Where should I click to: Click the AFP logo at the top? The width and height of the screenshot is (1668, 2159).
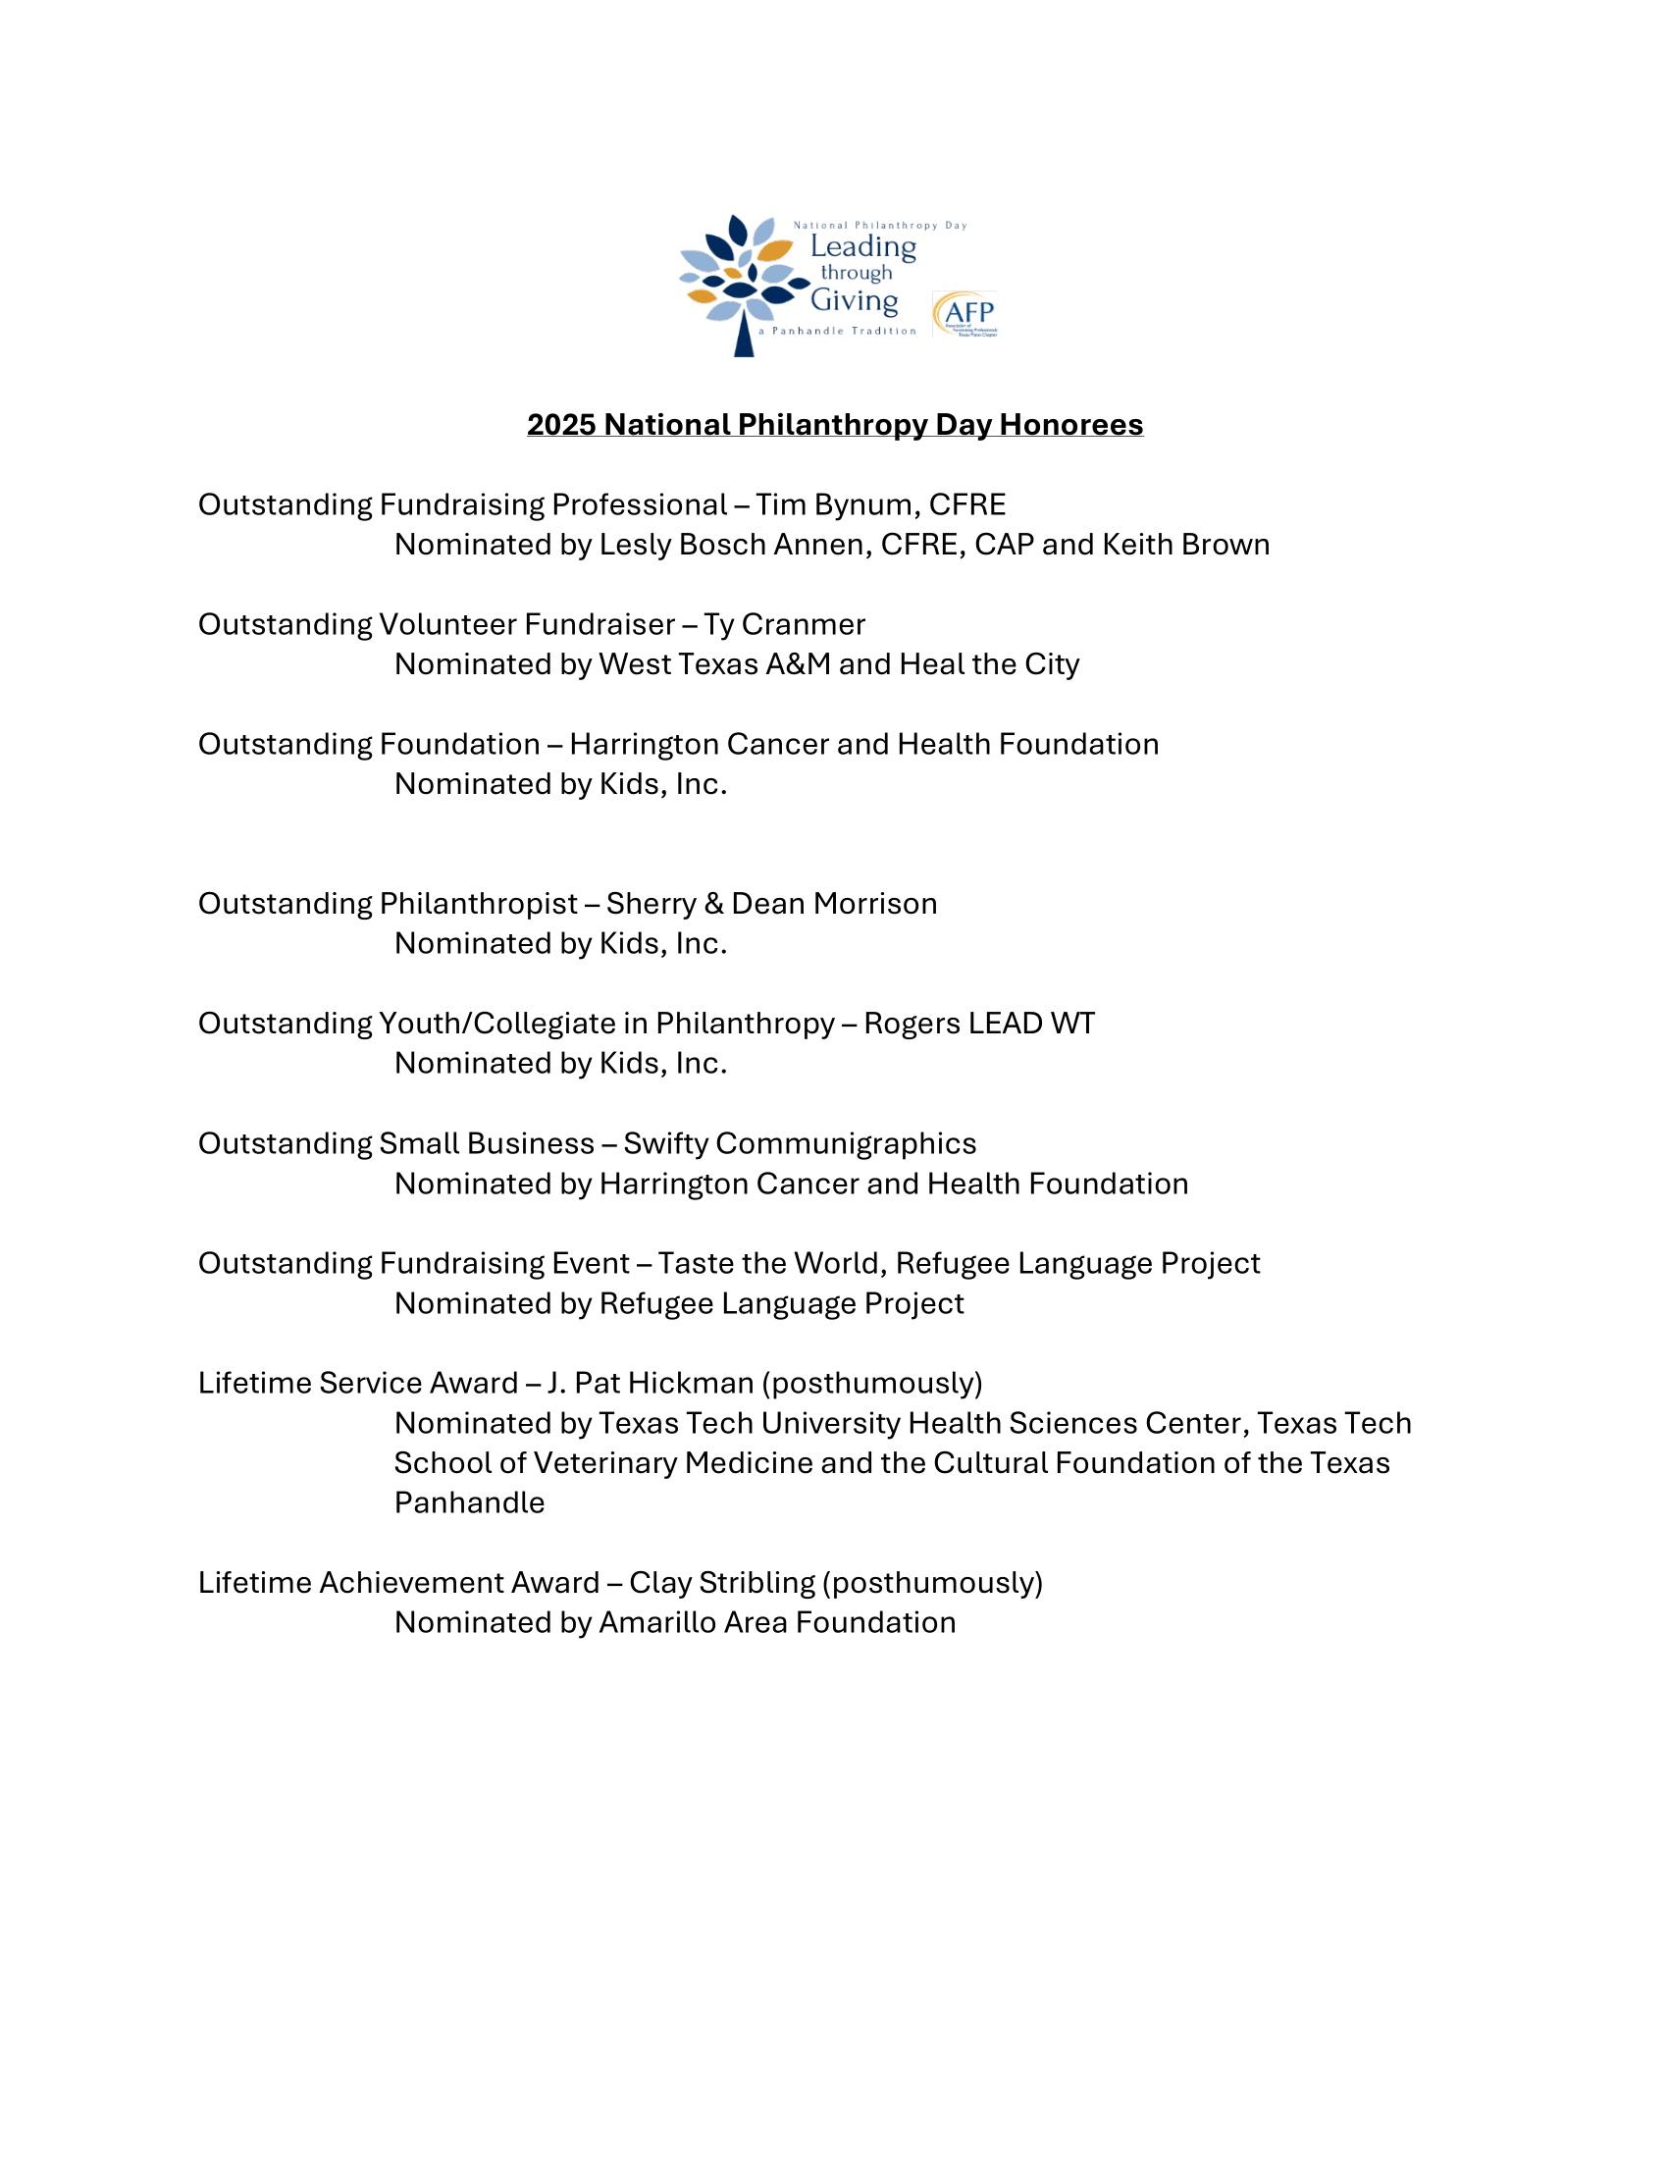[965, 313]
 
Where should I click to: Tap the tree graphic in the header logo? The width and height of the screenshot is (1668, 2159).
[742, 282]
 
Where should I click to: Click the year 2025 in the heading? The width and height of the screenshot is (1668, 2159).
[560, 424]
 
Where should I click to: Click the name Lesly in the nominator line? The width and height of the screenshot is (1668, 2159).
[633, 545]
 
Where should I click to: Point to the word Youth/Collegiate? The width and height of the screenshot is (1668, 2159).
[513, 1024]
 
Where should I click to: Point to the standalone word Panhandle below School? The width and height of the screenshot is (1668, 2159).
[469, 1502]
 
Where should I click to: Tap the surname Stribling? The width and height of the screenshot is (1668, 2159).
[756, 1583]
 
